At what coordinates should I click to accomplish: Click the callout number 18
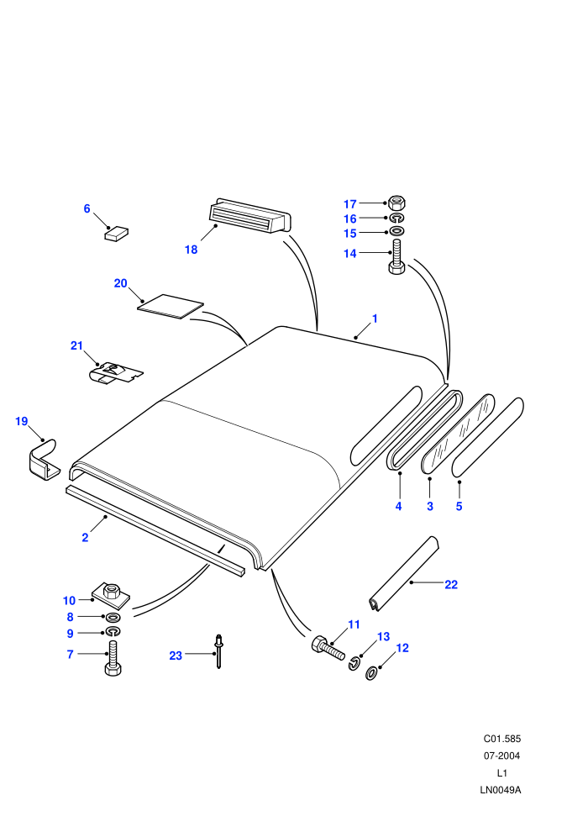pyautogui.click(x=191, y=250)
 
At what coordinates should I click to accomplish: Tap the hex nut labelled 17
pyautogui.click(x=396, y=203)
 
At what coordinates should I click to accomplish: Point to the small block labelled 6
pyautogui.click(x=116, y=234)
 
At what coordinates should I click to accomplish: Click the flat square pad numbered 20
pyautogui.click(x=171, y=307)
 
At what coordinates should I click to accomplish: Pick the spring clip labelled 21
pyautogui.click(x=115, y=372)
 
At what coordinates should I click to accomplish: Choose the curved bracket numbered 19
pyautogui.click(x=43, y=461)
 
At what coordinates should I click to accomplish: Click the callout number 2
pyautogui.click(x=85, y=538)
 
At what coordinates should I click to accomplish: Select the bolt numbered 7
pyautogui.click(x=113, y=658)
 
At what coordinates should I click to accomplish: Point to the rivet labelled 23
pyautogui.click(x=218, y=651)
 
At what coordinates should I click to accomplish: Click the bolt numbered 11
pyautogui.click(x=327, y=647)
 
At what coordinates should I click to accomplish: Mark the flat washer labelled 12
pyautogui.click(x=372, y=674)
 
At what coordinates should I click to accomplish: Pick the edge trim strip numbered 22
pyautogui.click(x=404, y=574)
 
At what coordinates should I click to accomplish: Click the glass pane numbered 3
pyautogui.click(x=458, y=434)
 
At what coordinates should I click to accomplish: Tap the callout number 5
pyautogui.click(x=459, y=506)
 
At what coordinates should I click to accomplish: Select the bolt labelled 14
pyautogui.click(x=396, y=257)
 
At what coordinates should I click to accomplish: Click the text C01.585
pyautogui.click(x=502, y=739)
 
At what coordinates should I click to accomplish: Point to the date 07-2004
pyautogui.click(x=501, y=756)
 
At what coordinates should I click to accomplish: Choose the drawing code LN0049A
pyautogui.click(x=501, y=790)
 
